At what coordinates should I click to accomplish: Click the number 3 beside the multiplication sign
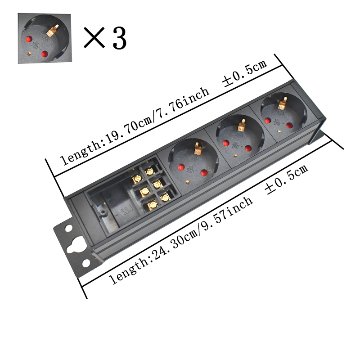(118, 39)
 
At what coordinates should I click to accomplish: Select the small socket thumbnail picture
(45, 38)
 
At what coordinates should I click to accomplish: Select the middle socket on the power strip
(235, 137)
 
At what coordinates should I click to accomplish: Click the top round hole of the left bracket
(68, 228)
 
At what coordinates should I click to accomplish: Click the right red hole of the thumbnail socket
(45, 54)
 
